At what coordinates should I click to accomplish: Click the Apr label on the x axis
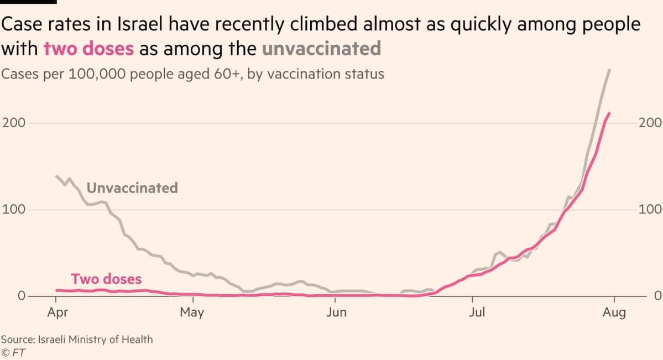(58, 312)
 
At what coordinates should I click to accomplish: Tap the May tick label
(192, 312)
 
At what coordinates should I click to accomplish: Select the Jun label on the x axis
(336, 312)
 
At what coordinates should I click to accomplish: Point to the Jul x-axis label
(477, 312)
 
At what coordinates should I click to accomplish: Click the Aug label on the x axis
(614, 312)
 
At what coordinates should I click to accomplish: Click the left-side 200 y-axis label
(13, 123)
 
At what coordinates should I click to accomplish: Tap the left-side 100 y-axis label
(13, 210)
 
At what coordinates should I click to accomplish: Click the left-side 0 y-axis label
(22, 296)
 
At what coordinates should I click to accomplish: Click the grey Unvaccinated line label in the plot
(132, 188)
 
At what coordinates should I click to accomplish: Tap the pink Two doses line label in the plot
(106, 279)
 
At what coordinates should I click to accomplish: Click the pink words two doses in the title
(88, 49)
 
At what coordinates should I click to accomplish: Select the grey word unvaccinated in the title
(321, 49)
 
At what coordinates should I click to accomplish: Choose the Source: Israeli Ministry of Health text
(77, 340)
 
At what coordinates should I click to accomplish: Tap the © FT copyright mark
(14, 352)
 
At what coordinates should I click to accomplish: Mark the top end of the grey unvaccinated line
(609, 70)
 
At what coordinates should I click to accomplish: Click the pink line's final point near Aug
(609, 113)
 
